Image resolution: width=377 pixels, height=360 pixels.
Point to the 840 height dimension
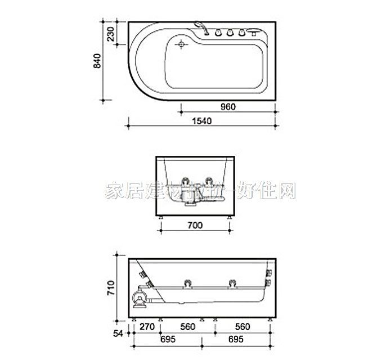[x=97, y=62]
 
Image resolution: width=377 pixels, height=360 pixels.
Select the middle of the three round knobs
[x=230, y=33]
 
